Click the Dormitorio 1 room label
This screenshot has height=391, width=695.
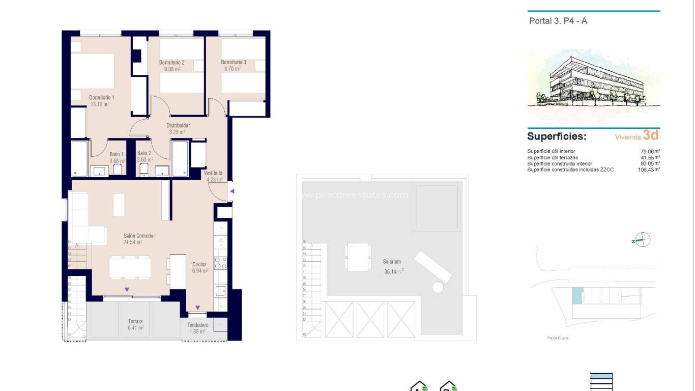[102, 97]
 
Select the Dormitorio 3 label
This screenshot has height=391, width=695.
[234, 63]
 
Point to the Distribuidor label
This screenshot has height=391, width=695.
[178, 125]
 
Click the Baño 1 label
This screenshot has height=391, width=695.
[117, 153]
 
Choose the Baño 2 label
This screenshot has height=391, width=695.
[144, 153]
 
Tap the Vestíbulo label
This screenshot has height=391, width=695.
[213, 173]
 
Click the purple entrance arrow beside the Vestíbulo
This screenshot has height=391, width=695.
[232, 191]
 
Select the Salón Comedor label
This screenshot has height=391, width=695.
[139, 236]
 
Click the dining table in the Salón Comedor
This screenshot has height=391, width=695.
[130, 267]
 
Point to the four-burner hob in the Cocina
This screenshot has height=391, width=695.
[220, 263]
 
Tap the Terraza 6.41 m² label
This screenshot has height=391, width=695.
[135, 324]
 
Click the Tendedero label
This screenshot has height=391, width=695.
[197, 325]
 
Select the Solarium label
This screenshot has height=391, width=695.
[392, 262]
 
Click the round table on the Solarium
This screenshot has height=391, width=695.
[438, 287]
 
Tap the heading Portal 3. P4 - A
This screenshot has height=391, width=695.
[558, 21]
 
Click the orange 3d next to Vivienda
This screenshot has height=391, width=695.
[651, 135]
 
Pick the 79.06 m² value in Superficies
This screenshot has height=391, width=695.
[650, 151]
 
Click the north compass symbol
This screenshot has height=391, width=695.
[643, 239]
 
